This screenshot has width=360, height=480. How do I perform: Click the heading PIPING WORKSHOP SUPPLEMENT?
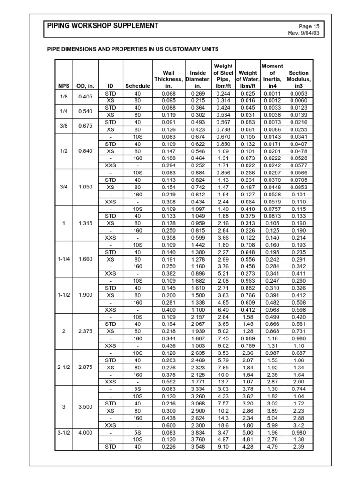click(x=103, y=26)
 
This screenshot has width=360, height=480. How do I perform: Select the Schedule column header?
click(x=137, y=86)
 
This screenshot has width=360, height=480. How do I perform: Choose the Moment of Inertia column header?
click(x=272, y=76)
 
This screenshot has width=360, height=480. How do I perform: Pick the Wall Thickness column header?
click(x=168, y=79)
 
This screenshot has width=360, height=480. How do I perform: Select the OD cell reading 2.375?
click(x=86, y=331)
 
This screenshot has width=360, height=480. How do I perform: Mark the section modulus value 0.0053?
click(x=299, y=93)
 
